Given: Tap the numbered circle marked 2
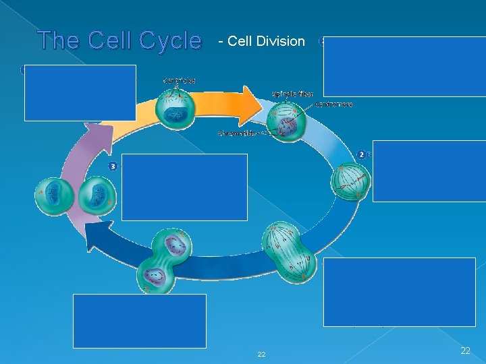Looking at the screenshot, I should pyautogui.click(x=362, y=154).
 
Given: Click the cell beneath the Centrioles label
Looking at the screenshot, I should pyautogui.click(x=176, y=110).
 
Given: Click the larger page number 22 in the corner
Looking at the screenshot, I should pyautogui.click(x=464, y=350).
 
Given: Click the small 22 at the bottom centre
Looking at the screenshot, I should pyautogui.click(x=262, y=354).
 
